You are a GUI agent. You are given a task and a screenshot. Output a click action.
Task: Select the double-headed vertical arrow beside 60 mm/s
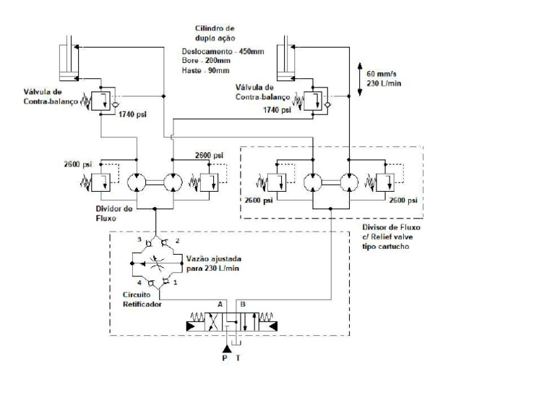[360, 78]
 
